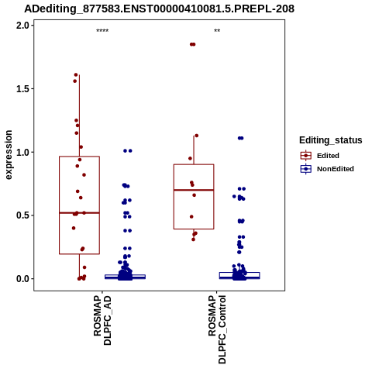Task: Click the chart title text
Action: tap(159, 9)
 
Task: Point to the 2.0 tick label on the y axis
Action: tap(23, 26)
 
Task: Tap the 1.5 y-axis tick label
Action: tap(23, 88)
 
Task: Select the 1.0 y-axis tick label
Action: tap(23, 152)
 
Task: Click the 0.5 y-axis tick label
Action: tap(23, 215)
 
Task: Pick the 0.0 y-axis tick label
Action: tap(23, 279)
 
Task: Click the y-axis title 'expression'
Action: tap(9, 155)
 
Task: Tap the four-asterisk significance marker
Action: tap(102, 31)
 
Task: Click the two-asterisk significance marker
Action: tap(217, 31)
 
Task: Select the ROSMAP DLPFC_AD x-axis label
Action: tap(102, 320)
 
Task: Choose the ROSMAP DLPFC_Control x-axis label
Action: tap(217, 329)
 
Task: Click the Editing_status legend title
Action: tap(331, 140)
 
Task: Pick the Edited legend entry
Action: tap(320, 156)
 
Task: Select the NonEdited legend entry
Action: tap(327, 169)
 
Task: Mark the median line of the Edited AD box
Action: tap(79, 213)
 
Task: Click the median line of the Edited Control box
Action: tap(194, 190)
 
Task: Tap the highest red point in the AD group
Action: tap(76, 75)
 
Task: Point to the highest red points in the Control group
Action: tap(193, 44)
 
